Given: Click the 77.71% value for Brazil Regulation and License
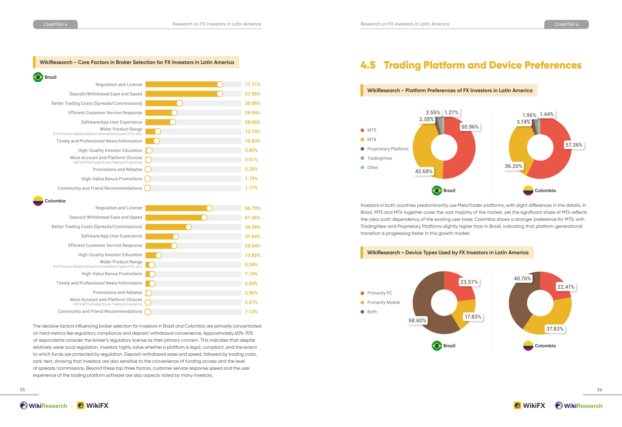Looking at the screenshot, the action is point(252,84).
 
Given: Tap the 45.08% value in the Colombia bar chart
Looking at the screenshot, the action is point(252,227).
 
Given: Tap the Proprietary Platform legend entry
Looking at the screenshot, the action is point(385,149).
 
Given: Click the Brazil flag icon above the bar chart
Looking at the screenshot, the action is point(38,77).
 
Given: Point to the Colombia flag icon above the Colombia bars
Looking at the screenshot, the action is point(38,201).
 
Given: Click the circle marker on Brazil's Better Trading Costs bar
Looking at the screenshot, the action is point(179,103).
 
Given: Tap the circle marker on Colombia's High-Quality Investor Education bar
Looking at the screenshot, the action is point(159,255).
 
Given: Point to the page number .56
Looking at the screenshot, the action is point(599,390).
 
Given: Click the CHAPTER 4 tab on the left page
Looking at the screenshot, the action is point(55,24).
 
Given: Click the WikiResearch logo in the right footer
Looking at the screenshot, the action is point(579,406).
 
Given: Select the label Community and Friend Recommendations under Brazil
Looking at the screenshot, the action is point(100,188).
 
